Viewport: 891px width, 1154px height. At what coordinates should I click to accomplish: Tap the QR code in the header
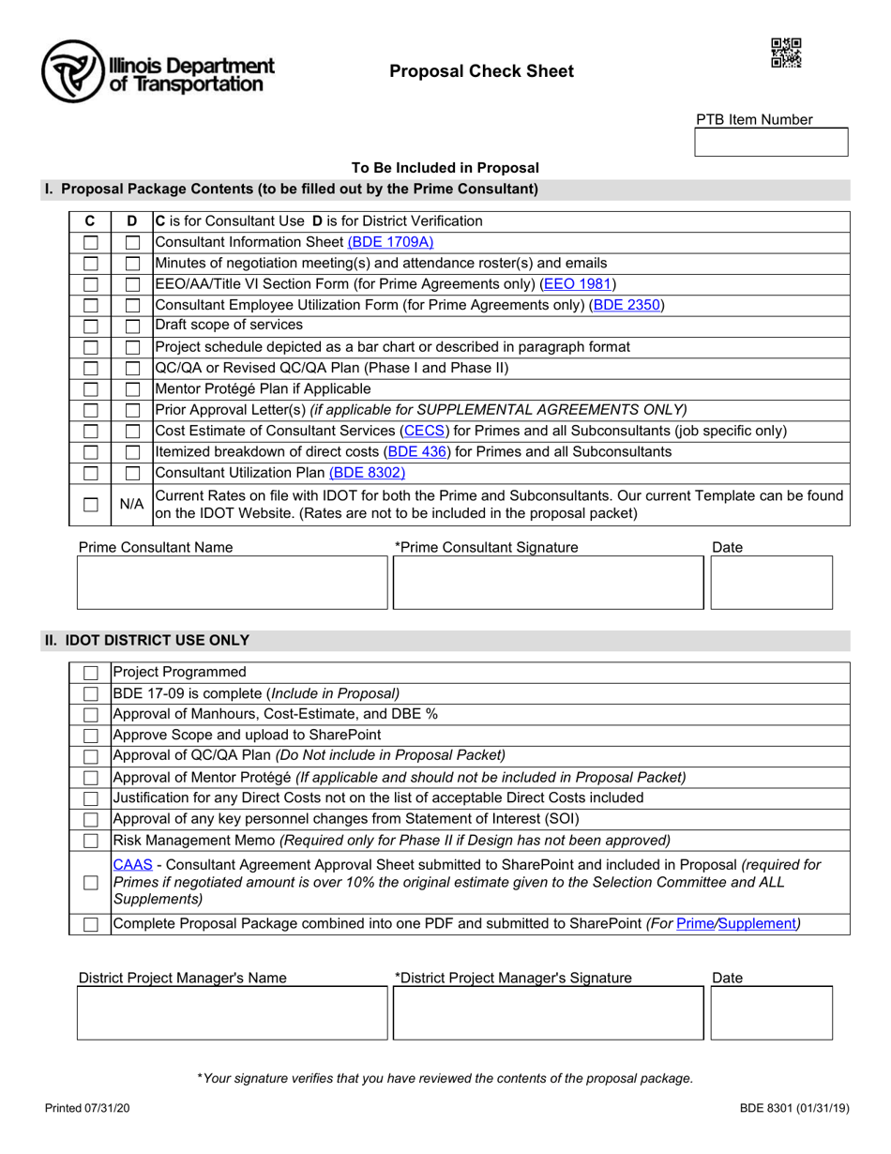786,53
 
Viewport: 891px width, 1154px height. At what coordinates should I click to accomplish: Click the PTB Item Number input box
771,143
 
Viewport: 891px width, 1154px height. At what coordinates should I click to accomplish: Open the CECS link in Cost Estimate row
426,431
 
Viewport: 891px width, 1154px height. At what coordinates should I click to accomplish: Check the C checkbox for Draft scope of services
91,326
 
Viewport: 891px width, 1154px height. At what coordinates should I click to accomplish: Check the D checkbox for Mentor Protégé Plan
132,388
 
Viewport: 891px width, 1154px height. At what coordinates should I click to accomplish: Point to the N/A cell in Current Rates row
131,505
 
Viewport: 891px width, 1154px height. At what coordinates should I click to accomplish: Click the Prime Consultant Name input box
232,583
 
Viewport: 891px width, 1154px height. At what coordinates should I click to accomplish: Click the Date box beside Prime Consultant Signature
772,583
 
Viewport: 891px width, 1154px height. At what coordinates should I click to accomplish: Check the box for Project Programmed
91,673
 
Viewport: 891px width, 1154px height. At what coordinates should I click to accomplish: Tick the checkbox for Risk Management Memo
91,840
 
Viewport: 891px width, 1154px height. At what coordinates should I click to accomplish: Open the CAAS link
126,864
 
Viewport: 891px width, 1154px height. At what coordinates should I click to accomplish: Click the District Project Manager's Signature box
548,1012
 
